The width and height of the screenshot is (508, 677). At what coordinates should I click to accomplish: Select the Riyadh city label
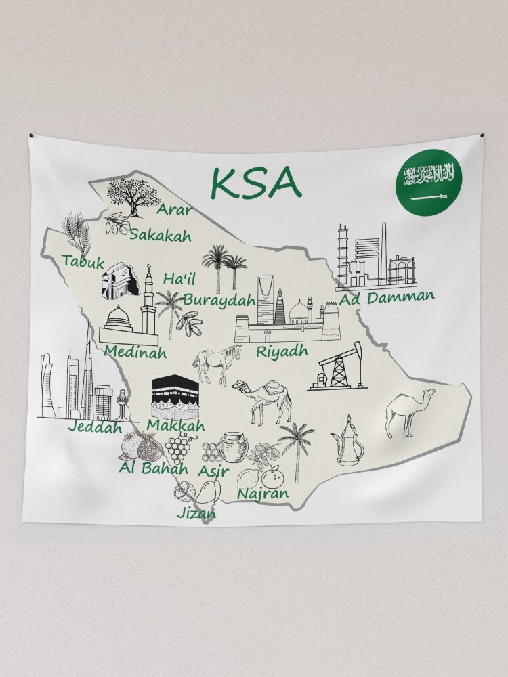click(x=282, y=351)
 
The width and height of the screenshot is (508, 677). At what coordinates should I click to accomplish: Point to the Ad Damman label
click(x=387, y=297)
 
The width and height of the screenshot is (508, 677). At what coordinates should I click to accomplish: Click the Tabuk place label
click(x=83, y=261)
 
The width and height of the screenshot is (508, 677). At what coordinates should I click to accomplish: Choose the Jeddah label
click(x=94, y=427)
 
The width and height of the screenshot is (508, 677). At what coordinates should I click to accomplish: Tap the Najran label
click(x=263, y=494)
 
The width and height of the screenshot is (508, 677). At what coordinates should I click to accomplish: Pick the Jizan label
click(x=196, y=513)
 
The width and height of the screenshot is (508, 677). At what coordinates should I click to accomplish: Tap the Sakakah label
click(x=161, y=235)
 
